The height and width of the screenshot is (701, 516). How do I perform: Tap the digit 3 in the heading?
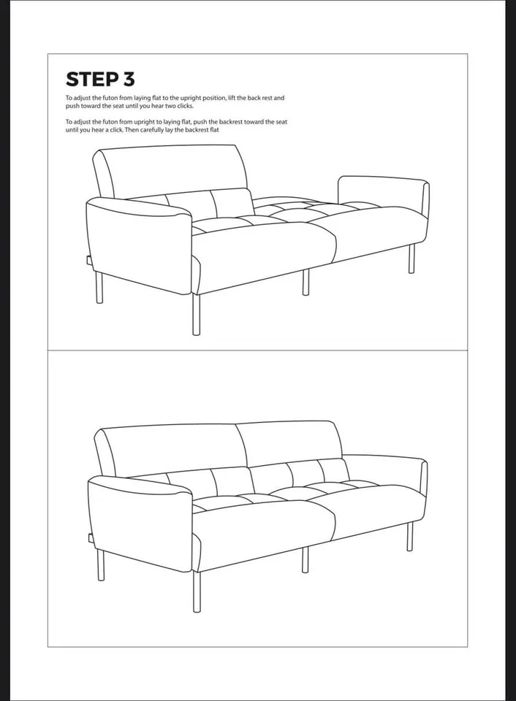click(129, 79)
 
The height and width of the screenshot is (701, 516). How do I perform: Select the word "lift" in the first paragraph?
click(237, 97)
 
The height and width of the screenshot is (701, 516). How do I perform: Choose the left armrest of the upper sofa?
click(139, 241)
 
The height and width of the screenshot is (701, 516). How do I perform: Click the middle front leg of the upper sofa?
click(306, 282)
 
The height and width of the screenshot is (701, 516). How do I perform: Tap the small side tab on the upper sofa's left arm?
click(88, 260)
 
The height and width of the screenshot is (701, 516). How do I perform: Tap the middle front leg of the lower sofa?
click(305, 559)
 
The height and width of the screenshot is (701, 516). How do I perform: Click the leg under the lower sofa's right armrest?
click(410, 536)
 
